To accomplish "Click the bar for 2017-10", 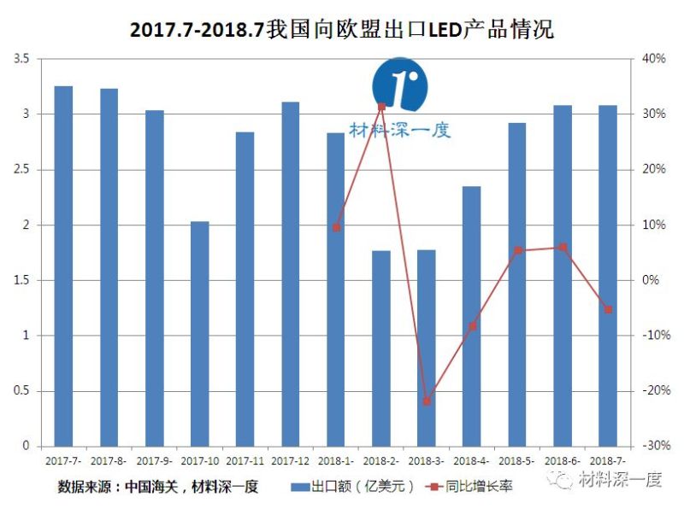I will click(x=199, y=334).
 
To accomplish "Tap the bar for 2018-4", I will click(x=472, y=316).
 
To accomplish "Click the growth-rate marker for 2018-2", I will click(x=381, y=106).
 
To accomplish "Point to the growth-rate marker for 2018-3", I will click(x=427, y=401).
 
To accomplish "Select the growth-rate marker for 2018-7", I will click(x=608, y=309).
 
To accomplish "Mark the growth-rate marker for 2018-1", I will click(x=336, y=227).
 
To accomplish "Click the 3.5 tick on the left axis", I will click(x=21, y=59).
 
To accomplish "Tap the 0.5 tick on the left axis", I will click(x=21, y=391).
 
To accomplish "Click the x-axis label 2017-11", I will click(x=245, y=461).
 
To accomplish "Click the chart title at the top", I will click(x=341, y=30).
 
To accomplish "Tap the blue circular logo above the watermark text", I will click(x=399, y=84).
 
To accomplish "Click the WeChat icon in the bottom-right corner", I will click(x=563, y=481).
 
